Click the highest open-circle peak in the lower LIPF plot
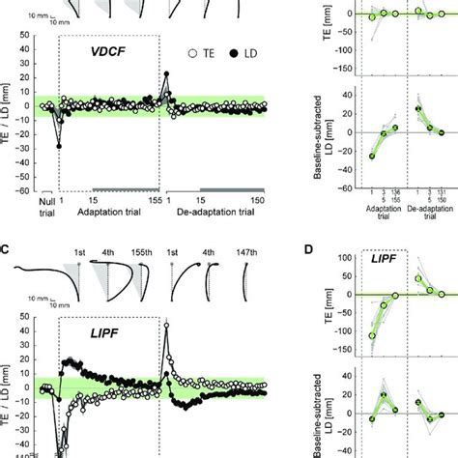166,325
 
